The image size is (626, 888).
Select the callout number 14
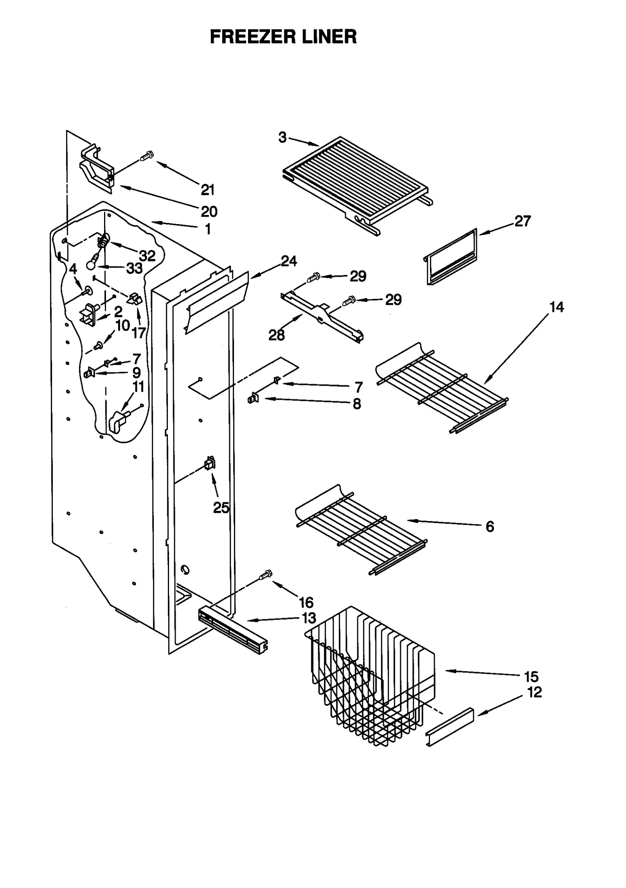pos(556,307)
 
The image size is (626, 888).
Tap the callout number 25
pos(221,508)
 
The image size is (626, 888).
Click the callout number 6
pos(490,527)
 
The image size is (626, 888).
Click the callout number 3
pos(282,138)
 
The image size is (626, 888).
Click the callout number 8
pos(356,404)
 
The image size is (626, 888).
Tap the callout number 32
pos(148,256)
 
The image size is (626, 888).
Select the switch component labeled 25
pos(210,464)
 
